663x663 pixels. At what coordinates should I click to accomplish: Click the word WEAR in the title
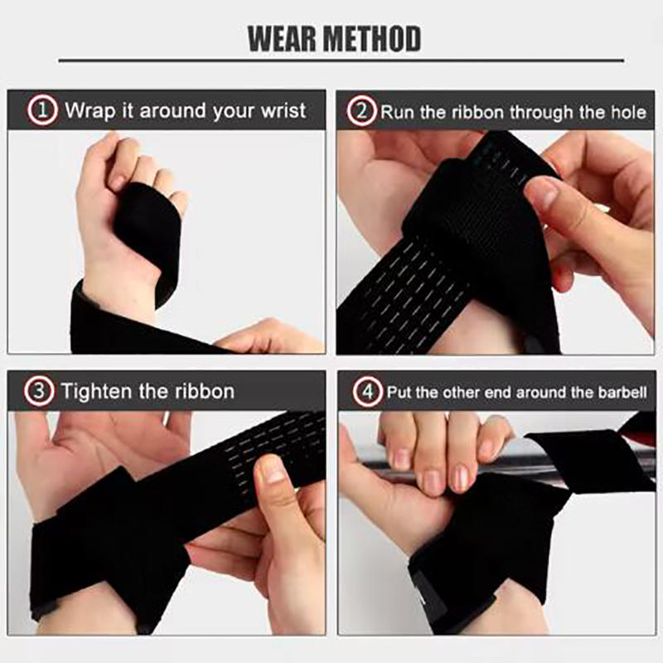283,38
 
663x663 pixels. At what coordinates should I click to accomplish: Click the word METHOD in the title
374,38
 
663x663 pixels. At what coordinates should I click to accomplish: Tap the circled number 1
42,110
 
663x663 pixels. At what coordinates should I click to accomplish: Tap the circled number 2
361,110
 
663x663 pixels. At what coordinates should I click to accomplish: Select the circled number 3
39,390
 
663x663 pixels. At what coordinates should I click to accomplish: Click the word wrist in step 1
283,110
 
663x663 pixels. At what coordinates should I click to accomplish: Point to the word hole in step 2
627,111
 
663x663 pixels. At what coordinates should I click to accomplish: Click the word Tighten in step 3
94,390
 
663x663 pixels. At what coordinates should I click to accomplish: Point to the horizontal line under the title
341,60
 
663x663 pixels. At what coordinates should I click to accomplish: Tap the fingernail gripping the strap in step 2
543,195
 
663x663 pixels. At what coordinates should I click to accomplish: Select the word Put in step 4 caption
399,391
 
